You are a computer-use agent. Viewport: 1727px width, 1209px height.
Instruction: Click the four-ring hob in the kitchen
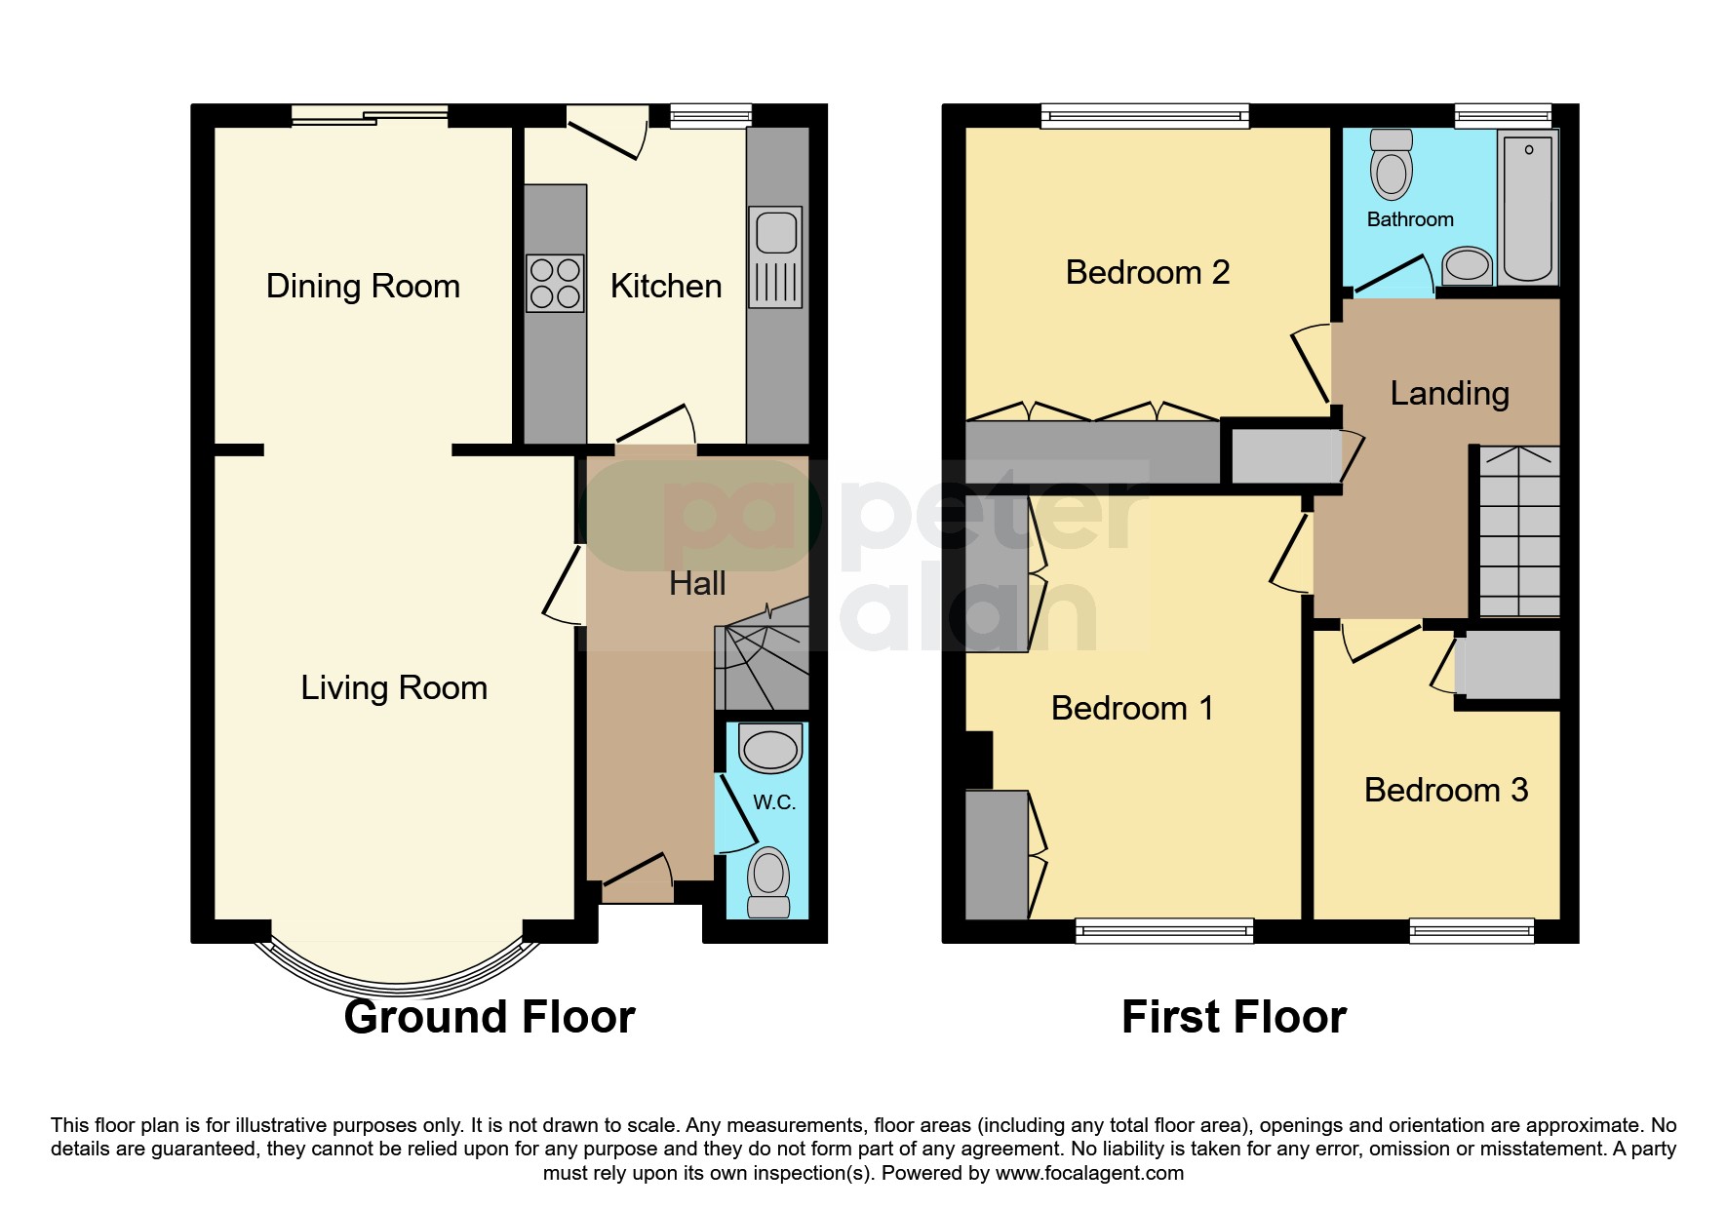[x=555, y=283]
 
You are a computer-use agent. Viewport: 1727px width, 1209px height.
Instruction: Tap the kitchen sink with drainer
[x=776, y=256]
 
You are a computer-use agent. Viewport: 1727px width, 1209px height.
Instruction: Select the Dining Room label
[x=363, y=287]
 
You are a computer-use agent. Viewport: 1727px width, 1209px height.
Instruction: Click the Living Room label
[x=393, y=688]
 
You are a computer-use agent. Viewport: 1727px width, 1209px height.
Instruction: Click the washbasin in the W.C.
[x=770, y=750]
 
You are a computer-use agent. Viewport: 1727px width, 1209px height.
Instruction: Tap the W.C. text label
[x=774, y=802]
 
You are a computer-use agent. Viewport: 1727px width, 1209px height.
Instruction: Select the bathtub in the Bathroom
[x=1527, y=207]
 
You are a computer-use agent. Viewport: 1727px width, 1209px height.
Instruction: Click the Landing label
[x=1449, y=394]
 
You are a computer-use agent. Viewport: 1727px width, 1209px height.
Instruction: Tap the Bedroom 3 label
[x=1445, y=790]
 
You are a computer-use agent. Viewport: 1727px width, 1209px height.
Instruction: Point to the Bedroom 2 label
[x=1147, y=273]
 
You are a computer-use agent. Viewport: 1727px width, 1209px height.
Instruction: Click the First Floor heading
[x=1234, y=1018]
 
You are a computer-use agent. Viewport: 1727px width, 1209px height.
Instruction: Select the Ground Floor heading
[x=490, y=1018]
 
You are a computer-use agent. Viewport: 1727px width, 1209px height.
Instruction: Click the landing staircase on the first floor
[x=1519, y=531]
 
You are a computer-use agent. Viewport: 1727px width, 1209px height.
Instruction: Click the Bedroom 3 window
[x=1472, y=931]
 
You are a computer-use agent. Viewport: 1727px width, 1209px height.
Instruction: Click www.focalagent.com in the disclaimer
[x=1089, y=1174]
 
